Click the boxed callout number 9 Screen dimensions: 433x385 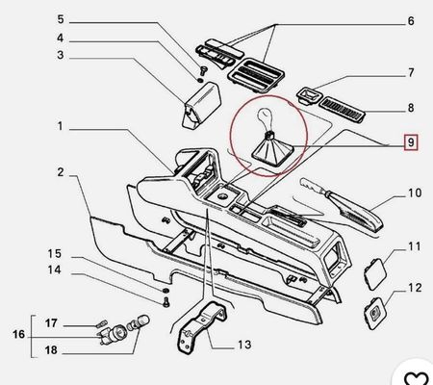coord(411,142)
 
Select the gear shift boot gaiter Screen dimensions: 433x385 coord(272,150)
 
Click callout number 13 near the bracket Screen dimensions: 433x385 coord(244,345)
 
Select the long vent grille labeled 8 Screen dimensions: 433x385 coord(344,110)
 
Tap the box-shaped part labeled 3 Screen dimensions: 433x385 coord(202,105)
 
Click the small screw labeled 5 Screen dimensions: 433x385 coord(203,70)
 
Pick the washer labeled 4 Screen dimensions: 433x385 coord(200,80)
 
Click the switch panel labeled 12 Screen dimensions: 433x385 coord(374,313)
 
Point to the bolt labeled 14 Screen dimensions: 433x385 coord(166,302)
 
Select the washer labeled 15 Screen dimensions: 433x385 coord(166,291)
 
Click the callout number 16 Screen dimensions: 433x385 coord(18,334)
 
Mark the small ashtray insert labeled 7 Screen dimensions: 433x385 coord(309,94)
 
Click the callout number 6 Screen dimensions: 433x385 coord(411,21)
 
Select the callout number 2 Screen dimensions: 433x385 coord(61,172)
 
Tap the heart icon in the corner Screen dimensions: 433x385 coord(416,378)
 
